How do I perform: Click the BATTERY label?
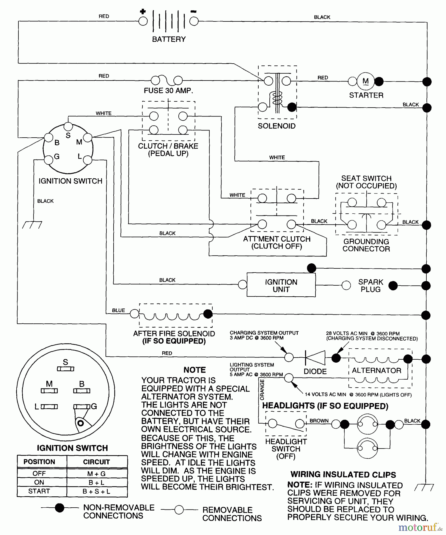click(169, 39)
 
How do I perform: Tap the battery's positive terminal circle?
click(143, 21)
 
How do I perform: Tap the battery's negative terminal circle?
click(194, 21)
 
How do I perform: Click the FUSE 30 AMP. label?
click(168, 91)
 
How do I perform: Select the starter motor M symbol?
click(365, 81)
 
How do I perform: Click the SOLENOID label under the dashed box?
click(277, 126)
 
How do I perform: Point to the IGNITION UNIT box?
click(281, 285)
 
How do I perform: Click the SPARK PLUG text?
click(370, 286)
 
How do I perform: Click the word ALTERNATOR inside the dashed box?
click(376, 370)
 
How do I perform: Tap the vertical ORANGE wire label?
click(262, 390)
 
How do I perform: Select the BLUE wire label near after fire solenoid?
click(118, 310)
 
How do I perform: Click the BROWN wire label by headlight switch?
click(319, 421)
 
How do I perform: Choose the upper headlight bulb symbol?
click(367, 424)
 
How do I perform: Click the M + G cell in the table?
click(97, 474)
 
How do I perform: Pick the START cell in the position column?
click(39, 491)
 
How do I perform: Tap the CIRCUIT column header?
click(97, 462)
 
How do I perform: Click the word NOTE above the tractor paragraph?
click(194, 370)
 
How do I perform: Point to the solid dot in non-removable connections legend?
click(60, 508)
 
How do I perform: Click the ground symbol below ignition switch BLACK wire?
click(32, 225)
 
